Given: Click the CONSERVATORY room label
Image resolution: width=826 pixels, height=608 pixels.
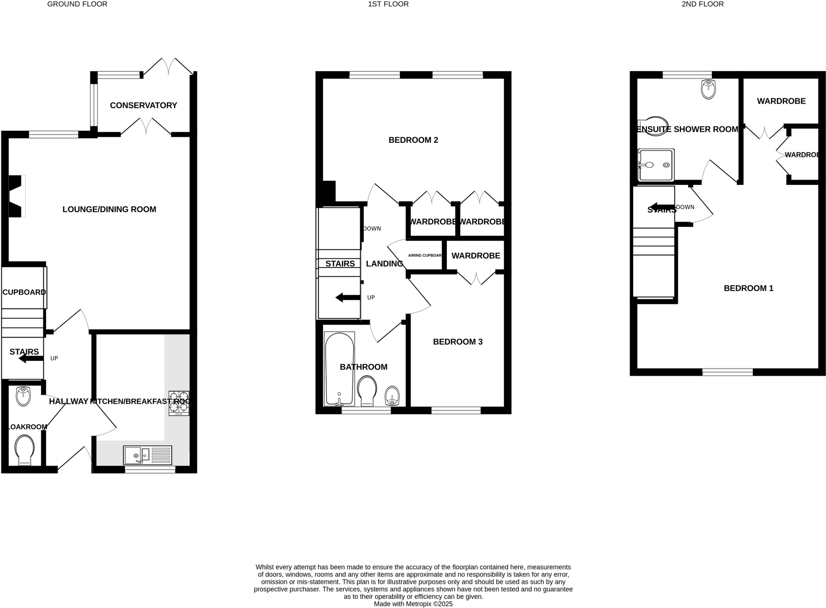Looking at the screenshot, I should click(x=143, y=105).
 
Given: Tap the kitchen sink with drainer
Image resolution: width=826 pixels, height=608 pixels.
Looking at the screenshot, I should click(x=148, y=455).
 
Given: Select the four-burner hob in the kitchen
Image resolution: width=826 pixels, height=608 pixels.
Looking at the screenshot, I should click(x=179, y=403).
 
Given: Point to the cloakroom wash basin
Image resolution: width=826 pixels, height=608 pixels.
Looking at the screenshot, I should click(x=23, y=396).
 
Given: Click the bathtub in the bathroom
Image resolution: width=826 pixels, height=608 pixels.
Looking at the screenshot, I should click(x=339, y=369).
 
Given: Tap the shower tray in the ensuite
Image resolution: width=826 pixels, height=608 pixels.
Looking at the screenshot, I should click(x=656, y=165).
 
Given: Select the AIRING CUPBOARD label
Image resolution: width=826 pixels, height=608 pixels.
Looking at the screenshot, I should click(x=425, y=255).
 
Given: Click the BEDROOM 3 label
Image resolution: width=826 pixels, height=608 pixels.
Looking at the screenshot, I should click(x=457, y=342).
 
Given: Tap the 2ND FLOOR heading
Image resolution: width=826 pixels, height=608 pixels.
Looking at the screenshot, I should click(x=703, y=4).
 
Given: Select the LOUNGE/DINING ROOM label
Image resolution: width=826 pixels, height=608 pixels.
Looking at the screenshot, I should click(x=109, y=209).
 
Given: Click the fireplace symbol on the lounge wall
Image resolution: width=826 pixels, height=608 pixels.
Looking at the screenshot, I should click(x=17, y=196).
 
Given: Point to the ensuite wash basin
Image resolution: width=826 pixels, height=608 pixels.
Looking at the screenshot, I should click(x=708, y=89).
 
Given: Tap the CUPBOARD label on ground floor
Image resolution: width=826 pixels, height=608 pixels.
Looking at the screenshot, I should click(x=24, y=292).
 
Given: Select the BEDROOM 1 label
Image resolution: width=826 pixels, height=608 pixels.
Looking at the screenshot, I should click(x=748, y=288).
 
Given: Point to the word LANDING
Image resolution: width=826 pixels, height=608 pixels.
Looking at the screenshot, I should click(x=384, y=263).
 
